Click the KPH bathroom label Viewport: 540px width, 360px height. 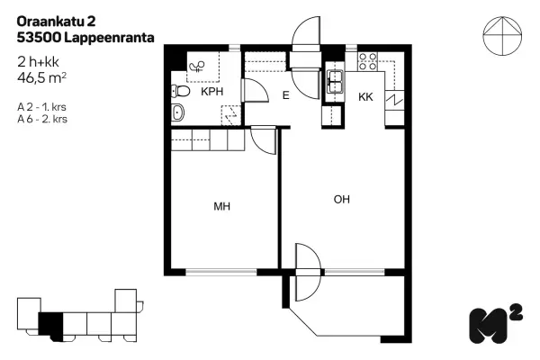click(211, 92)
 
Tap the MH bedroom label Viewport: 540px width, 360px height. click(222, 206)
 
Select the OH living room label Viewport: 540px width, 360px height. click(341, 199)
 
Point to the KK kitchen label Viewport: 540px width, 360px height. click(365, 97)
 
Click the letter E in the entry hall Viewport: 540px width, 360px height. click(285, 94)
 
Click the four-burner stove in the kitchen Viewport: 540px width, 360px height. click(367, 61)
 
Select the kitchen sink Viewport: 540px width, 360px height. click(335, 83)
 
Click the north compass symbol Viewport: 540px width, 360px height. click(501, 38)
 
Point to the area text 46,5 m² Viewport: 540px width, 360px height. click(42, 77)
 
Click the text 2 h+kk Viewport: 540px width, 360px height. click(38, 62)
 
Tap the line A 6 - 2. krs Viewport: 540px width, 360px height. click(42, 118)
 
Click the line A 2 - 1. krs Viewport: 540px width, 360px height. click(42, 106)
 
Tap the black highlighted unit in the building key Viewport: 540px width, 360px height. click(51, 322)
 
